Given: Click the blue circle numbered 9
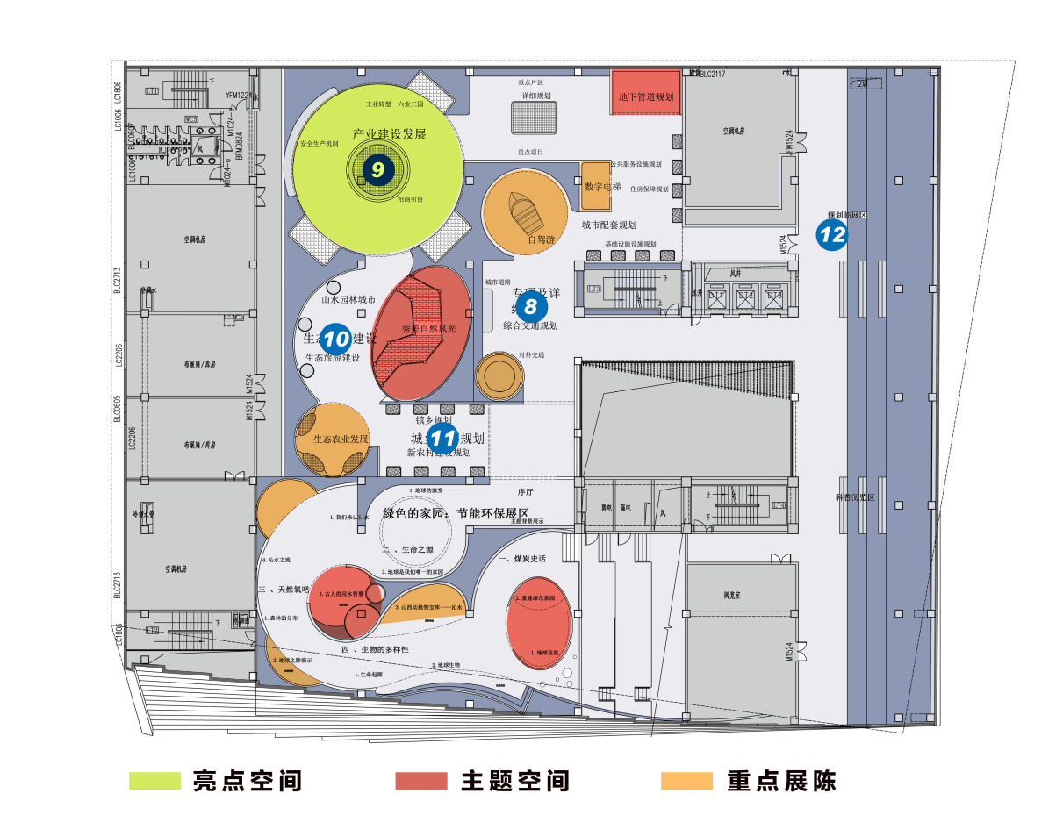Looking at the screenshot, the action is [x=377, y=168].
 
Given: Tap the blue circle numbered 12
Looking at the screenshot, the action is [x=831, y=234].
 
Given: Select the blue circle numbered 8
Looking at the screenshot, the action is [x=530, y=306].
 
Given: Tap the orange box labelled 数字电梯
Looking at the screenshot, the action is [x=602, y=186].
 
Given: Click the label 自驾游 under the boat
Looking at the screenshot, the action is [x=541, y=239].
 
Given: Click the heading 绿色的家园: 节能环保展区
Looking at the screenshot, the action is [x=456, y=512].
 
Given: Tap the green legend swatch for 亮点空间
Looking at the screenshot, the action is [x=154, y=780].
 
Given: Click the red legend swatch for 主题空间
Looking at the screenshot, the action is [x=421, y=780].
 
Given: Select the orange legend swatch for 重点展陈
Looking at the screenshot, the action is [x=686, y=780].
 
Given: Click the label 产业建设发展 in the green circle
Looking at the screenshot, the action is [x=389, y=134].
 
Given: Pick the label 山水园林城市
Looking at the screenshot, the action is [x=348, y=299].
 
